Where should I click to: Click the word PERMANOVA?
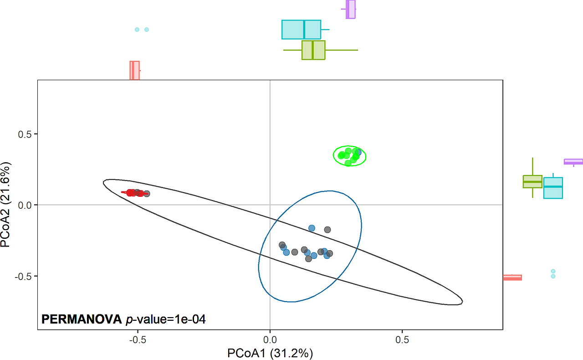pyautogui.click(x=82, y=319)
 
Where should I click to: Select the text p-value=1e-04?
pyautogui.click(x=166, y=319)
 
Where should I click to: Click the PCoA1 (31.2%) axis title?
pyautogui.click(x=270, y=353)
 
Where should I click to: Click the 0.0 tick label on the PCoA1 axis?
pyautogui.click(x=270, y=339)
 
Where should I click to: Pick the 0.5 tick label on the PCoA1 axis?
pyautogui.click(x=402, y=339)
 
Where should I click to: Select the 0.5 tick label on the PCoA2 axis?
pyautogui.click(x=25, y=134)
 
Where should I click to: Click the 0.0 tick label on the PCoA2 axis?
pyautogui.click(x=25, y=205)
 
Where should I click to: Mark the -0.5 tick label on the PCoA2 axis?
pyautogui.click(x=24, y=276)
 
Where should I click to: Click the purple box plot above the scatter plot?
pyautogui.click(x=350, y=9)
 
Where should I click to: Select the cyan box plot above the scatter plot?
pyautogui.click(x=301, y=30)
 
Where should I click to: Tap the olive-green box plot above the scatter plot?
pyautogui.click(x=313, y=50)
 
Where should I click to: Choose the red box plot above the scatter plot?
pyautogui.click(x=134, y=70)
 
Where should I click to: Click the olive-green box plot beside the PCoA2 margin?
pyautogui.click(x=532, y=181)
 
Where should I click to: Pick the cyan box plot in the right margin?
pyautogui.click(x=553, y=188)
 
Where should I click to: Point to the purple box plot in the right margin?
pyautogui.click(x=573, y=161)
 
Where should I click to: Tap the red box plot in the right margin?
pyautogui.click(x=512, y=278)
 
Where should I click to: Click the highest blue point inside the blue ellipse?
pyautogui.click(x=312, y=228)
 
